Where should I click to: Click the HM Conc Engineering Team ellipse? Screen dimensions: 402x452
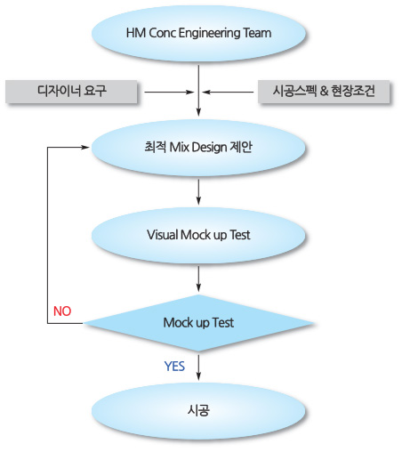point(198,33)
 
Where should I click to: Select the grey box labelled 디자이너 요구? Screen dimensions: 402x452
point(71,92)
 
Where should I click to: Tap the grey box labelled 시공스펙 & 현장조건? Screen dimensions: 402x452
point(324,92)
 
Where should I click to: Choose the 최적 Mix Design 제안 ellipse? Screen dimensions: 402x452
point(198,148)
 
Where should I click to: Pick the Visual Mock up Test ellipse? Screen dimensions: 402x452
point(198,235)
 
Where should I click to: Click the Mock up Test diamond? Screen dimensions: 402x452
point(198,323)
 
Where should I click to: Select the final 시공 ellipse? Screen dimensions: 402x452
point(198,411)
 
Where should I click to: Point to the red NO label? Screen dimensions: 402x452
point(62,311)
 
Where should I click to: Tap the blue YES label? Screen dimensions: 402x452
point(174,367)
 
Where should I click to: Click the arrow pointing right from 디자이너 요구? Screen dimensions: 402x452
point(169,92)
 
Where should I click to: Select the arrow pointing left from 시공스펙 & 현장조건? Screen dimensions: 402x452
point(228,92)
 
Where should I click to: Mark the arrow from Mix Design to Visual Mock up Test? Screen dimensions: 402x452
point(198,192)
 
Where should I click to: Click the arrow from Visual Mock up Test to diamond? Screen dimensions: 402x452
point(198,279)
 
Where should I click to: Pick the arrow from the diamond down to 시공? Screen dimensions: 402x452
point(198,367)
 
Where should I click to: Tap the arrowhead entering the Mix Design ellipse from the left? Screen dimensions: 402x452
point(85,147)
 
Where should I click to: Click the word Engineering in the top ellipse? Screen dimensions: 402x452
point(210,33)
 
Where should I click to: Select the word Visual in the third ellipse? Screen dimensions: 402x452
point(163,235)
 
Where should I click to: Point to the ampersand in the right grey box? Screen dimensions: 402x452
point(324,91)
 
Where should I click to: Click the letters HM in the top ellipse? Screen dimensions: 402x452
point(136,33)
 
